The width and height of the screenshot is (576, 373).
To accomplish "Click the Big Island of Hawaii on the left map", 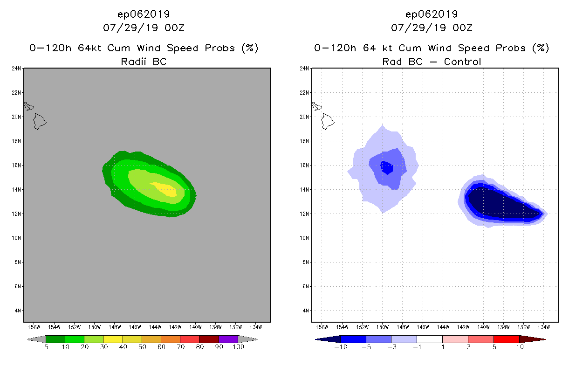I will coord(39,122).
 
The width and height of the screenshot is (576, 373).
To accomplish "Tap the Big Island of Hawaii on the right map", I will coord(327,122).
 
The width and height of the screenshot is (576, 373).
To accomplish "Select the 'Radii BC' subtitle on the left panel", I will coord(144,62).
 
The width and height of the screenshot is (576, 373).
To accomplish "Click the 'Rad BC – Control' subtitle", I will coord(432,62).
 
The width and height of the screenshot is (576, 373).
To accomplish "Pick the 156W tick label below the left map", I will coord(34,326).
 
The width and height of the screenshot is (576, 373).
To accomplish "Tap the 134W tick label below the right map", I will coord(543,326).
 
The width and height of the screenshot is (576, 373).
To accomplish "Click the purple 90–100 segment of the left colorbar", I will coord(228,339).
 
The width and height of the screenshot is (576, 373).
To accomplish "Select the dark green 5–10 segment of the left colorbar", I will coord(55,339).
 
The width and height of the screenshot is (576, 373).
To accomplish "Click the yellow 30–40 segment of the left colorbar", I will coord(113,339).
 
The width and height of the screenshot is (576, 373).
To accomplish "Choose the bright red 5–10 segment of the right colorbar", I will coord(506,339).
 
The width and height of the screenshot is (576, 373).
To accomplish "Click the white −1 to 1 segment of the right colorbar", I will coord(429,339).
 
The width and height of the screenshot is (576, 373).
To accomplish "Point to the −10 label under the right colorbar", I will coord(341,347).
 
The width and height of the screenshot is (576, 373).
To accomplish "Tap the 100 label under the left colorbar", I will coord(238,347).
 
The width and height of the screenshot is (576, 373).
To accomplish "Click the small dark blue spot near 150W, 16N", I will coord(386,167).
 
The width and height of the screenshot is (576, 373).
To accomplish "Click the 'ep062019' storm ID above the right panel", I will coord(432,14).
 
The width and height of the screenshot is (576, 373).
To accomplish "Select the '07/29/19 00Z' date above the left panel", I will coord(144,28).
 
